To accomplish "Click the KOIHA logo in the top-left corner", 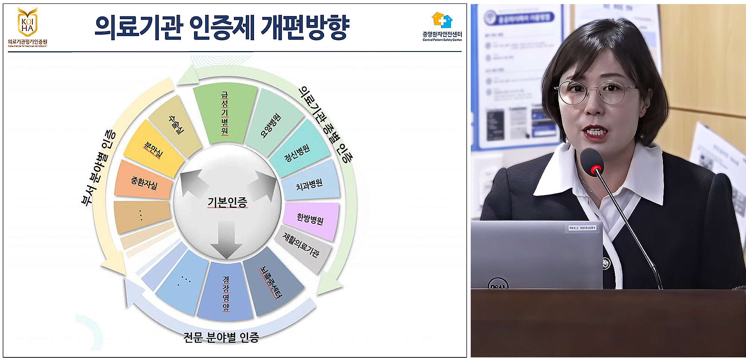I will (x=27, y=23).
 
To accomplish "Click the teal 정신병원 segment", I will (x=297, y=152).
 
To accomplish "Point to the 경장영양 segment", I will (x=226, y=293).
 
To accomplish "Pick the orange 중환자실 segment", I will (x=144, y=182).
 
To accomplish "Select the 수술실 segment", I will (x=176, y=125).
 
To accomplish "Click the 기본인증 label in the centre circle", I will (x=227, y=203).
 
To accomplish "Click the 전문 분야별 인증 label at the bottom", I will (x=221, y=337).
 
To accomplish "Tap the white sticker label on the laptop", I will (x=582, y=228).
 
